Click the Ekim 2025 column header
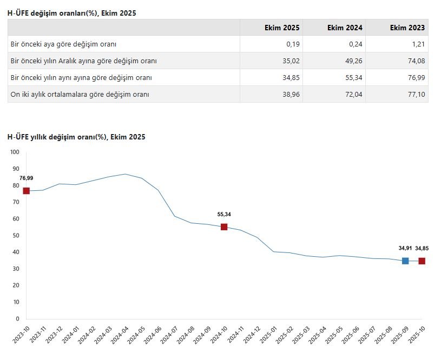click(281, 28)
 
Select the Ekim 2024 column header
click(345, 28)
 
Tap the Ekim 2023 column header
click(407, 28)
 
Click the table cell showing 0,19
click(292, 44)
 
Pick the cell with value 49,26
click(353, 61)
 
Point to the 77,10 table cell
click(416, 94)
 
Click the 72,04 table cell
click(353, 94)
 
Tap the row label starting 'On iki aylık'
click(80, 94)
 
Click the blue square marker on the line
click(405, 261)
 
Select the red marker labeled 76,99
click(26, 191)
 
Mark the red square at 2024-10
click(224, 227)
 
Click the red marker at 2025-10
click(422, 261)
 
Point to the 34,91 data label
click(405, 248)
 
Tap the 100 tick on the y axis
click(15, 152)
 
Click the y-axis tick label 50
click(16, 236)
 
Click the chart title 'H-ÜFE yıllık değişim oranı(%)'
click(76, 137)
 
